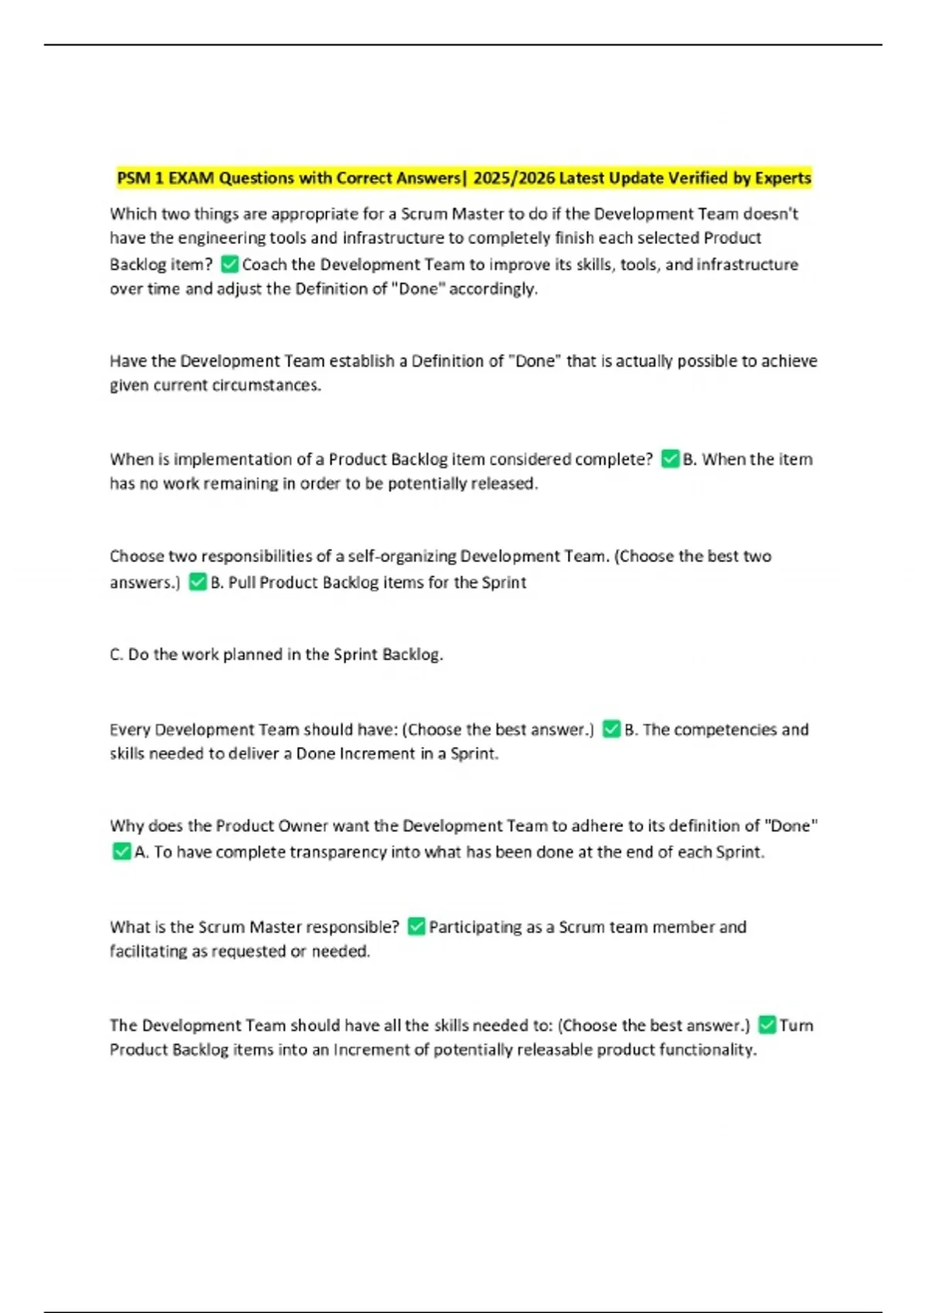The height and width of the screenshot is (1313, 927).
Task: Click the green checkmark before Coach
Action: point(229,264)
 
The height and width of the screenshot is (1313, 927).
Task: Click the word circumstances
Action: point(274,385)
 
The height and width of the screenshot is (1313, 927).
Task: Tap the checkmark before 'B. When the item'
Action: point(670,459)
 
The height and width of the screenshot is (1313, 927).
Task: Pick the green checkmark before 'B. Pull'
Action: point(198,582)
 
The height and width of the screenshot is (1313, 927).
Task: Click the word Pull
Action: point(242,582)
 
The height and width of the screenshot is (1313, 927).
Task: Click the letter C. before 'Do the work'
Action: point(117,655)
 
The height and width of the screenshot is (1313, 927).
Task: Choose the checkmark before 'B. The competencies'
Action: point(611,729)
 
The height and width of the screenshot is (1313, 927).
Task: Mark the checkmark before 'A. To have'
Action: point(121,851)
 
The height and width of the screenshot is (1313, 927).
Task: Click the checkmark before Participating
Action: point(416,926)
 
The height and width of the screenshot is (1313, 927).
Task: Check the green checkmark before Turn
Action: point(766,1025)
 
